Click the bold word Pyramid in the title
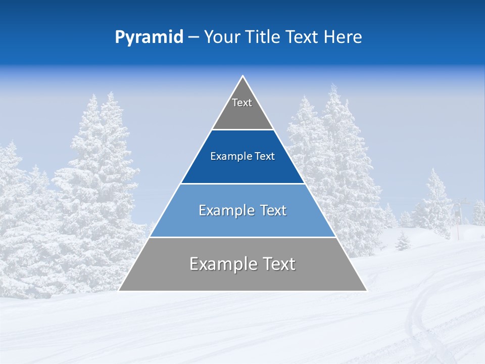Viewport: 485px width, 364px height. pos(149,37)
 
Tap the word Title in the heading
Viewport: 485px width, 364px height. pos(263,37)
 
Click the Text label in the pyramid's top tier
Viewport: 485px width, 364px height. pos(242,103)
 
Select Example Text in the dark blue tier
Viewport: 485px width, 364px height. pos(243,156)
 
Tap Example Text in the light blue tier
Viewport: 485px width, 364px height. pos(243,210)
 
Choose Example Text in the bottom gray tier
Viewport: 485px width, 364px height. pos(243,264)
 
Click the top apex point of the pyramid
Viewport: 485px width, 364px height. pos(243,76)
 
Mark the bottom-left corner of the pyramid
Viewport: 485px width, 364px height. pos(119,291)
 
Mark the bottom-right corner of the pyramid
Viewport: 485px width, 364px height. pos(366,291)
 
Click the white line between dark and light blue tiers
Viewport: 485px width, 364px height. pos(243,184)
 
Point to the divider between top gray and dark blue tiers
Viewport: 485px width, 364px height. pos(243,129)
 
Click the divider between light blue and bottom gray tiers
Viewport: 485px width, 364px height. pos(243,237)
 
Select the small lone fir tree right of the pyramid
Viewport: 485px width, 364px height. pos(402,242)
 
